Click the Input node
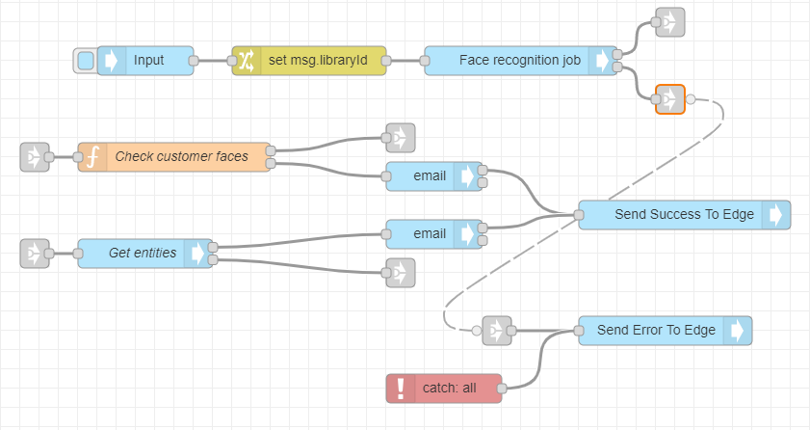[148, 61]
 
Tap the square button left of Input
[85, 61]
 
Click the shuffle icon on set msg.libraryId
[247, 61]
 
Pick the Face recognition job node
[519, 61]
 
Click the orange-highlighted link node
[669, 99]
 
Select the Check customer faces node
[181, 156]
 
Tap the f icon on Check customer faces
[92, 156]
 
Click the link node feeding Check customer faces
[35, 156]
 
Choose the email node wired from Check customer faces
[430, 176]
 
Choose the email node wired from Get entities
[430, 234]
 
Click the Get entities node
[143, 254]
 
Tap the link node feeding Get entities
[35, 254]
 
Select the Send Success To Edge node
[671, 215]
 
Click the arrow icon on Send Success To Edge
[776, 215]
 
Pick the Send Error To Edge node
[656, 331]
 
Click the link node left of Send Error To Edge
[496, 331]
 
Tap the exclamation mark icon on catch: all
[401, 389]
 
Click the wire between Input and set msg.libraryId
[213, 61]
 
